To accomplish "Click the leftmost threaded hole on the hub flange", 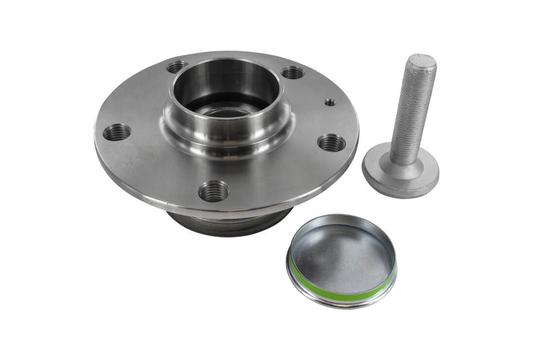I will click(x=117, y=132).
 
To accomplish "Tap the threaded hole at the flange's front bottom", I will click(x=214, y=190).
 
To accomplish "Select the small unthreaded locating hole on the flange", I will click(x=330, y=102).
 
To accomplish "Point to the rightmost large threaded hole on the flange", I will click(x=332, y=143).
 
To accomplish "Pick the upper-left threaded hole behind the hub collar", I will click(x=178, y=66).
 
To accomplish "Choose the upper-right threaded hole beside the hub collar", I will click(x=293, y=72).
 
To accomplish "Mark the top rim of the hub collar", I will click(x=226, y=61).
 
